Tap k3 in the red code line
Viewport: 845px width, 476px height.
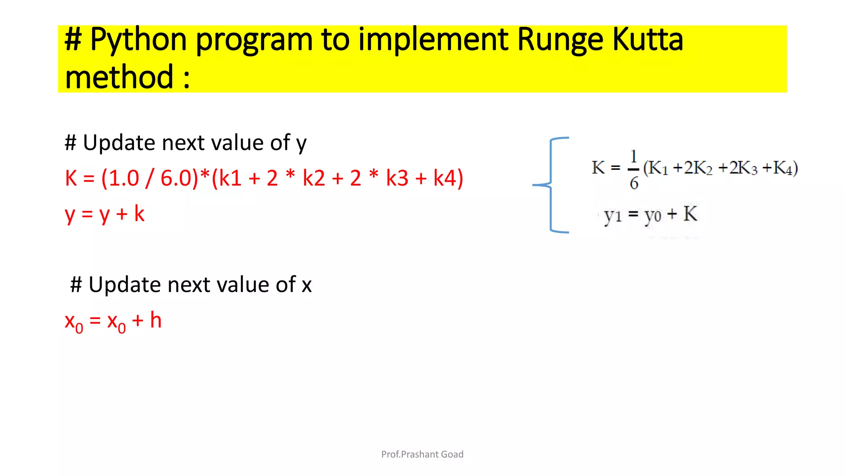tap(397, 178)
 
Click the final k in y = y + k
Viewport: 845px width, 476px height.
tap(139, 214)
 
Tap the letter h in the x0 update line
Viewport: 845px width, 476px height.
tap(156, 320)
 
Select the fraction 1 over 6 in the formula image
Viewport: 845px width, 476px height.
tap(634, 170)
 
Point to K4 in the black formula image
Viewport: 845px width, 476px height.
tap(783, 168)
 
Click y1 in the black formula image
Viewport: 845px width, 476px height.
tap(612, 215)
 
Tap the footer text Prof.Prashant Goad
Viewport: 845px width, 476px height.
tap(422, 454)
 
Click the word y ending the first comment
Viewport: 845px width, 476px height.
tap(301, 144)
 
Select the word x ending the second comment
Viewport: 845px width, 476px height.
tap(307, 285)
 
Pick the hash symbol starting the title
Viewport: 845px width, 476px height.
tap(73, 40)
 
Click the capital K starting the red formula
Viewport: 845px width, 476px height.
tap(71, 178)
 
